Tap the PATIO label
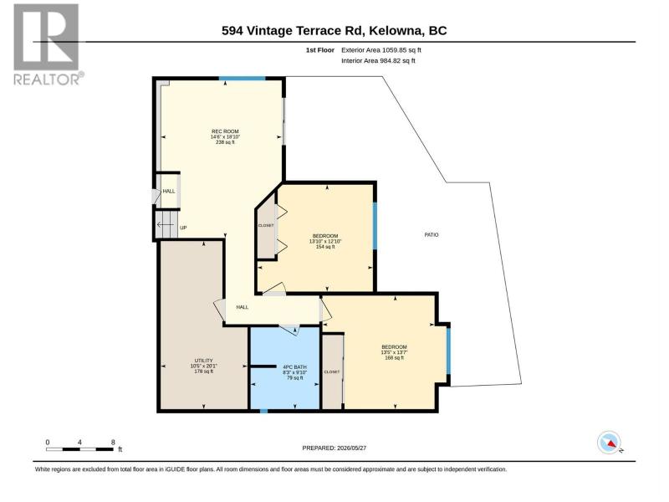point(432,235)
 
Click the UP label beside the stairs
point(183,228)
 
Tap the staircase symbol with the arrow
point(166,223)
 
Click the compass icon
point(610,443)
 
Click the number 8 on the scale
point(113,443)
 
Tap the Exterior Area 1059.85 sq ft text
point(381,50)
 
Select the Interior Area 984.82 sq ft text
point(378,60)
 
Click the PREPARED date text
point(334,448)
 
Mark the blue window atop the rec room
point(243,79)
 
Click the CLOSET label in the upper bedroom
point(266,225)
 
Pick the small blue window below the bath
point(263,411)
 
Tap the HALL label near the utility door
point(243,307)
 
